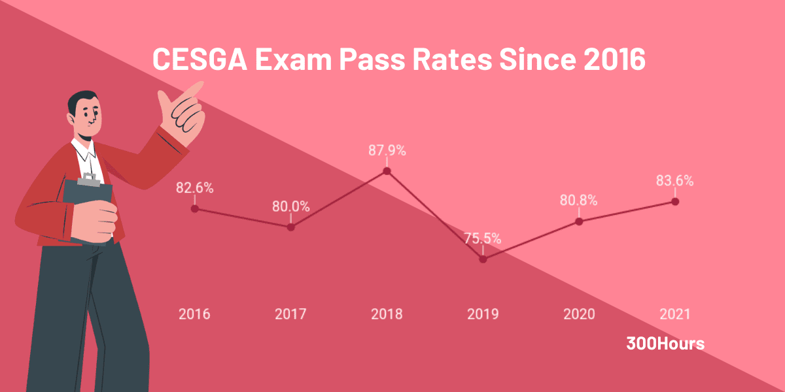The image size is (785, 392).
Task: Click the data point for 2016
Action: tap(194, 208)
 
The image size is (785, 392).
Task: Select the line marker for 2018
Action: tap(387, 171)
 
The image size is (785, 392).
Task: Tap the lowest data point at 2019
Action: tap(483, 259)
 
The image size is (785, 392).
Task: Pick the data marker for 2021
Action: tap(675, 201)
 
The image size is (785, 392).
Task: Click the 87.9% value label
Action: tap(387, 150)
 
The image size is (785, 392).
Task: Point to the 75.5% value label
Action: tap(483, 238)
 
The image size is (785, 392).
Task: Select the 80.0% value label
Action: tap(290, 206)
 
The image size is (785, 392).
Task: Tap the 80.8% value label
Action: tap(579, 201)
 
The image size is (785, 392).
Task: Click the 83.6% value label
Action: tap(675, 181)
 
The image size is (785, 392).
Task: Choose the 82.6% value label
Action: tap(194, 188)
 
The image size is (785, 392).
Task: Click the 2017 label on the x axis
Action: tap(290, 314)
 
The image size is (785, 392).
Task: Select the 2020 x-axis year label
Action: tap(579, 314)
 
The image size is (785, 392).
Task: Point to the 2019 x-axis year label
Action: tap(483, 314)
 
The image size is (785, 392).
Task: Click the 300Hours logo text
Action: tap(665, 344)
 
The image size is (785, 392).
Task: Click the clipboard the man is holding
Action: tap(85, 203)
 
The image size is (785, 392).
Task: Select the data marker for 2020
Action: tap(579, 221)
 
